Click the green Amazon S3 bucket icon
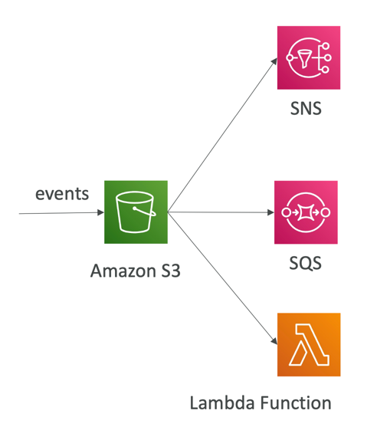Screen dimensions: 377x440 tap(136, 212)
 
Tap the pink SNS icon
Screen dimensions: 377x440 tap(309, 57)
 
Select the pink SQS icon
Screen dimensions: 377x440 tap(306, 212)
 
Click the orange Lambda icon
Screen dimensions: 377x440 tap(309, 345)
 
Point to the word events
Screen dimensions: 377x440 tap(62, 194)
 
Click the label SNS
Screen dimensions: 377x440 tap(306, 108)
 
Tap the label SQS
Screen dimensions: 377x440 tap(306, 264)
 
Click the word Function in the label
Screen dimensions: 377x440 tap(296, 402)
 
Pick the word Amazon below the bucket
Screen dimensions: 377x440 tap(123, 271)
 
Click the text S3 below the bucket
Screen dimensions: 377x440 tap(171, 271)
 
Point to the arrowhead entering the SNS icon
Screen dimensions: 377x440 tap(274, 61)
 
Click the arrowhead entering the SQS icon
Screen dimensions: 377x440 tap(270, 212)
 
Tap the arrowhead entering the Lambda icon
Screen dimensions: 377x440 tap(274, 341)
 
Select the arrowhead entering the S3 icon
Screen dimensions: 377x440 tap(100, 212)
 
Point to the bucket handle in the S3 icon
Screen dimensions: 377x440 tap(145, 212)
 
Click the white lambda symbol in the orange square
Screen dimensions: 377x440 tap(309, 345)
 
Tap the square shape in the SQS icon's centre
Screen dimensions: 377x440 tap(306, 212)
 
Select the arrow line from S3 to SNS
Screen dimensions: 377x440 tap(222, 135)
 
